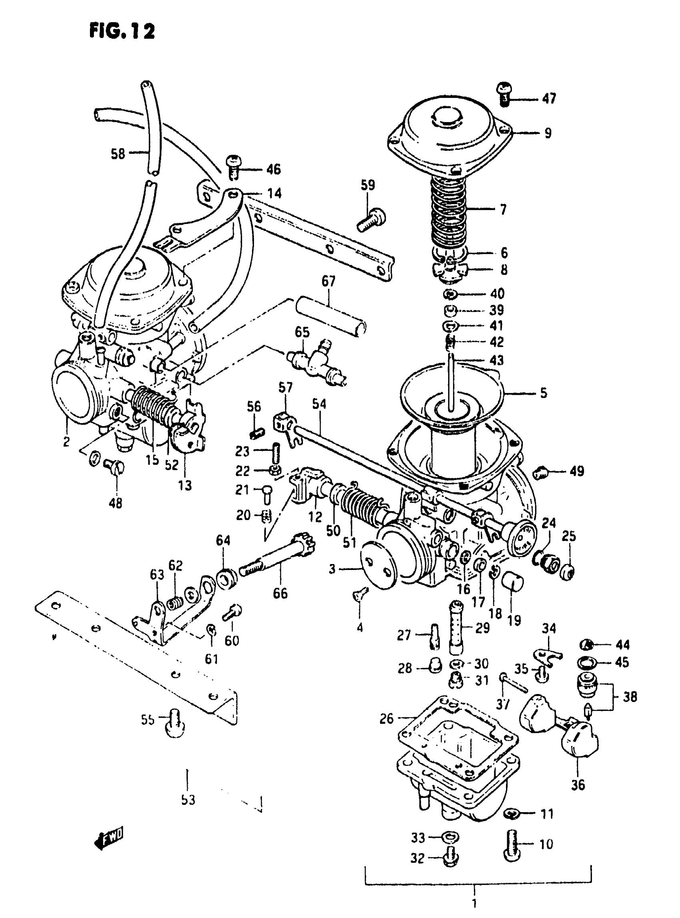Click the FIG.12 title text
(122, 31)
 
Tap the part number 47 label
(549, 98)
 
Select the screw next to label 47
(505, 93)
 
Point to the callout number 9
(548, 133)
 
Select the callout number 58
(118, 154)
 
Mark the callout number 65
(302, 332)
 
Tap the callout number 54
(319, 404)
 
